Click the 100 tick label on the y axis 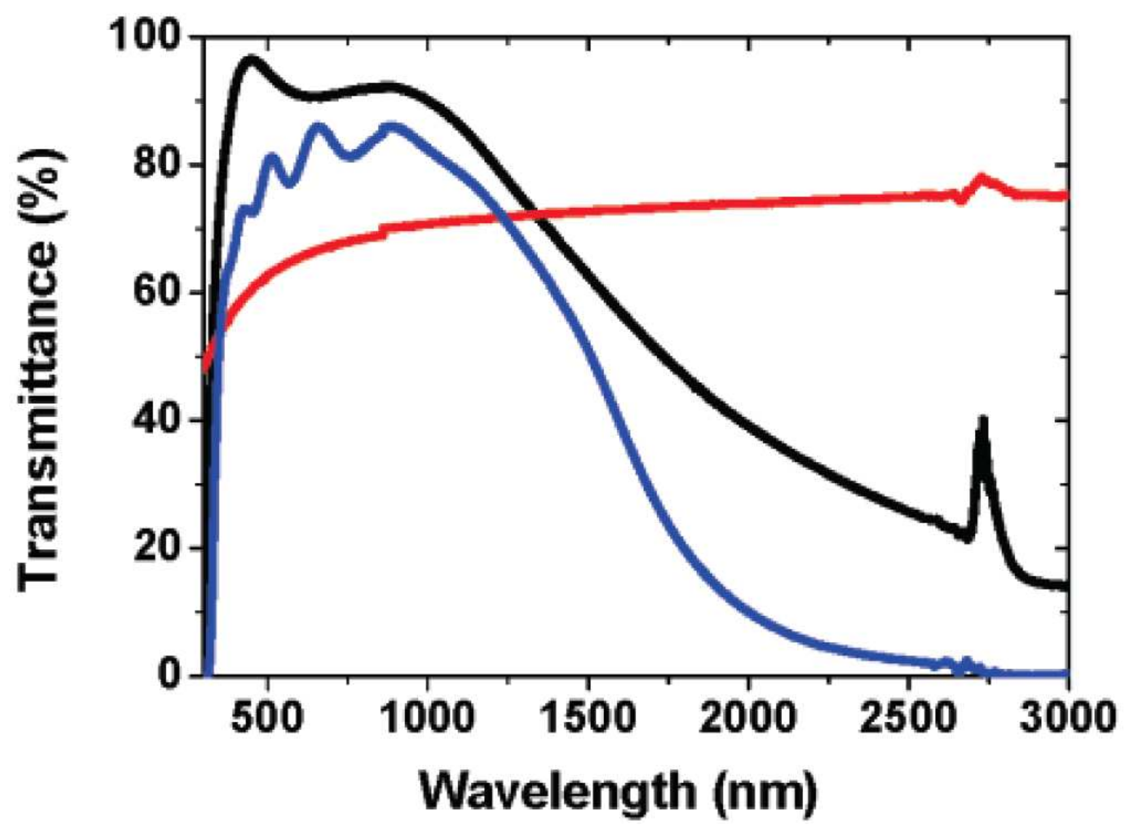tap(145, 38)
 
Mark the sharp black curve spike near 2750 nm tap(982, 420)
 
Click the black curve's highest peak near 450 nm tap(251, 59)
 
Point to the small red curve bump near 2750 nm tap(982, 179)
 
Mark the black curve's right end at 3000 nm tap(1065, 586)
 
